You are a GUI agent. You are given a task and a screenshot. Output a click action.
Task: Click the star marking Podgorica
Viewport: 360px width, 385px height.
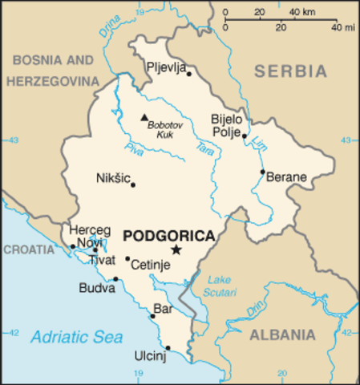pos(176,250)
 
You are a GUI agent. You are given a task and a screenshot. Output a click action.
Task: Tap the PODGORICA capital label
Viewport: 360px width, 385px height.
pos(169,236)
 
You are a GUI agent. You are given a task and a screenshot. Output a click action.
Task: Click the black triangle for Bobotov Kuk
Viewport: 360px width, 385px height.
pos(144,115)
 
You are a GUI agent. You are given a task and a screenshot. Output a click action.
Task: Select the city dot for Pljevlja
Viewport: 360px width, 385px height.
pos(189,74)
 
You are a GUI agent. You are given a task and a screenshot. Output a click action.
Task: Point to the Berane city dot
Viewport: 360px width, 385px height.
pos(262,171)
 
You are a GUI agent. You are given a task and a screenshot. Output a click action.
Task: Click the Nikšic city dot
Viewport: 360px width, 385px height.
pos(133,185)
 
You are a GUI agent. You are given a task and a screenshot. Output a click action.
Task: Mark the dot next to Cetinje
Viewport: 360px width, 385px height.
pos(127,258)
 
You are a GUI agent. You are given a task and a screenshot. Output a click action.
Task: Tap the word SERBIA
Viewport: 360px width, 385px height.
pos(291,71)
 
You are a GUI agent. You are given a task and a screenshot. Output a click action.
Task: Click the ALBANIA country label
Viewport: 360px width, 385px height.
pos(281,334)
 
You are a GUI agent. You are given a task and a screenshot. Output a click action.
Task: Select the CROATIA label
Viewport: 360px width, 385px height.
pos(28,249)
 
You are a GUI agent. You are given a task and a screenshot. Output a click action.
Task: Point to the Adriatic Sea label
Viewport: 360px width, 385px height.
pos(77,337)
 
